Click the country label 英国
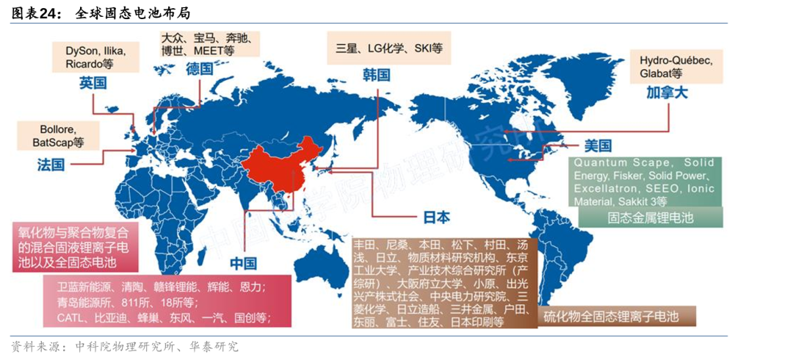pos(93,83)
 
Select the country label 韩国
pos(376,75)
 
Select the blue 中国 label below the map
pos(243,263)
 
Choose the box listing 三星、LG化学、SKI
pos(388,48)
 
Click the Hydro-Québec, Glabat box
pos(670,66)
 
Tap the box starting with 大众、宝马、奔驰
pos(209,44)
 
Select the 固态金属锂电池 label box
pos(650,218)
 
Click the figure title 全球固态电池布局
pos(137,12)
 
